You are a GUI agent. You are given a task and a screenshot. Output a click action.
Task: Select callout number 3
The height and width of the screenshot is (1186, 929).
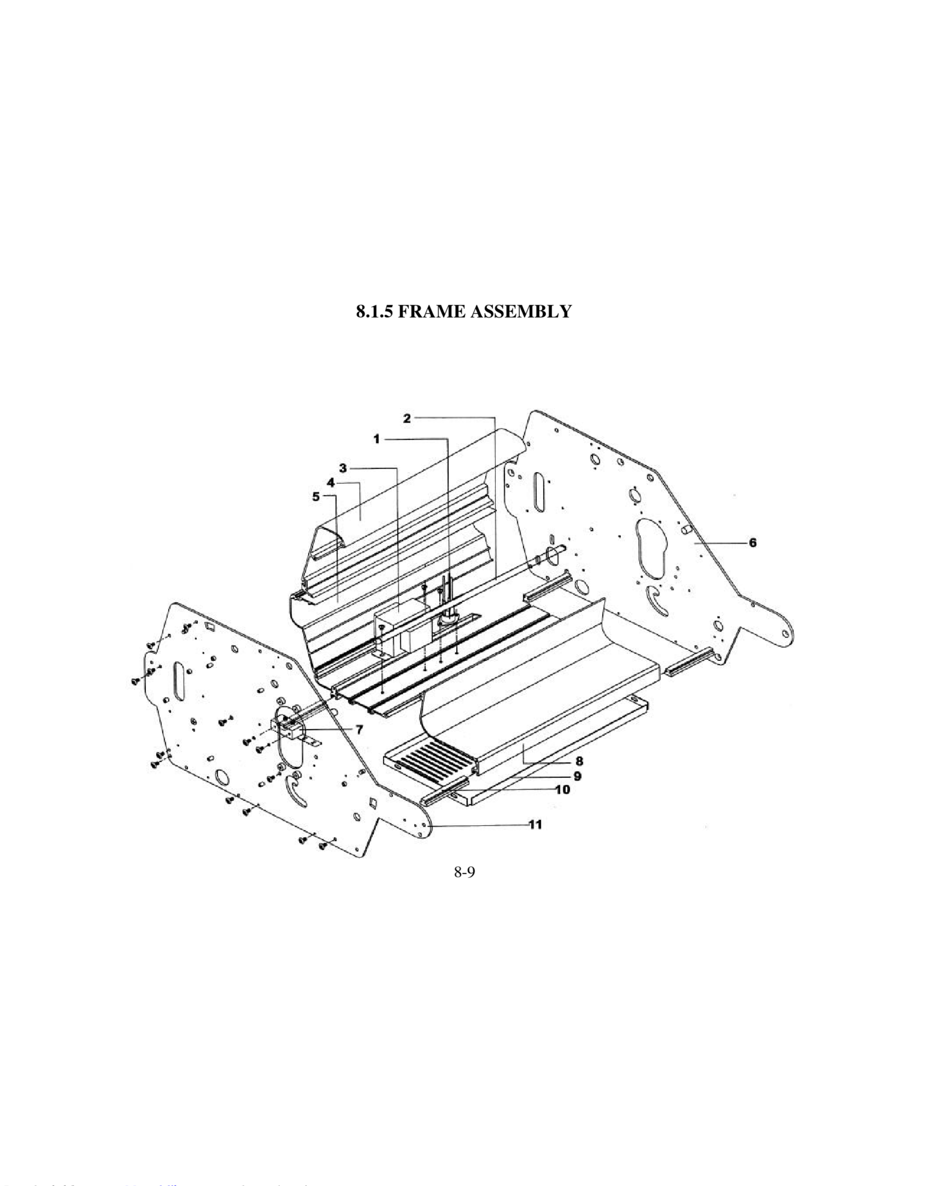[x=343, y=468]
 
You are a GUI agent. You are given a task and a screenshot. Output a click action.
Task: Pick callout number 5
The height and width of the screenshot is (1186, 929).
[x=317, y=497]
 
